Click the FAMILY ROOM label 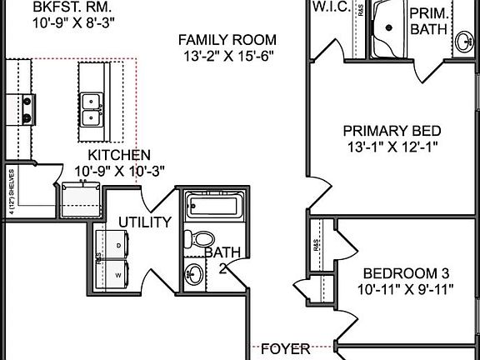[x=227, y=39]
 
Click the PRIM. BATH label [x=431, y=21]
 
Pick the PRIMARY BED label [x=392, y=131]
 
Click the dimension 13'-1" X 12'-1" [x=392, y=147]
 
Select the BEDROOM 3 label [x=405, y=273]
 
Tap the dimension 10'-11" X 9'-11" [x=405, y=289]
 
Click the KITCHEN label [x=119, y=155]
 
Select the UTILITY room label [x=145, y=222]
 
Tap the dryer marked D [x=112, y=244]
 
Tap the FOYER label [x=285, y=348]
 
